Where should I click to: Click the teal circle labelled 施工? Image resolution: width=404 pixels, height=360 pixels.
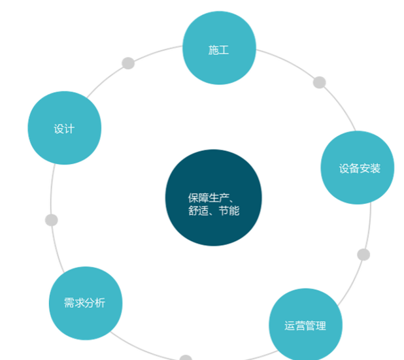click(x=219, y=48)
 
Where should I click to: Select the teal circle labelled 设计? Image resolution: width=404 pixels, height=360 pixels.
click(x=65, y=127)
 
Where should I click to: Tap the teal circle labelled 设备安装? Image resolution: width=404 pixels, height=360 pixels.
click(x=358, y=168)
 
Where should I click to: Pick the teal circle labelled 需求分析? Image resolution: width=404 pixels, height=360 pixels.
click(x=86, y=303)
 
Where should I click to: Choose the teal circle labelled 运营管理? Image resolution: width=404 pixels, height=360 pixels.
click(x=305, y=325)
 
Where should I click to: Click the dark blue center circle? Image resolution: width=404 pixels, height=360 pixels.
click(x=214, y=197)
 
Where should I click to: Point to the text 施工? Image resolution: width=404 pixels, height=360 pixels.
click(x=218, y=50)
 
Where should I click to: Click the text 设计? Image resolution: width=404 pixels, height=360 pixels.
click(x=64, y=129)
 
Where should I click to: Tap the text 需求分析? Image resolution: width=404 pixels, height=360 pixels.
click(x=84, y=303)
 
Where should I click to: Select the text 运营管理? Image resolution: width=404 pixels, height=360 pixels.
click(x=305, y=326)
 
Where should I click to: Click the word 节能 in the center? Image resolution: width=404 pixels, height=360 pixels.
click(x=229, y=210)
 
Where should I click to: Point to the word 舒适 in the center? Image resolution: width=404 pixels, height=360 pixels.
click(x=198, y=210)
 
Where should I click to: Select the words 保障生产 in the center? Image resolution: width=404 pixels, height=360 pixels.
click(x=209, y=198)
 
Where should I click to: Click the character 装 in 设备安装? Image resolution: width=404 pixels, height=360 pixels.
click(x=375, y=169)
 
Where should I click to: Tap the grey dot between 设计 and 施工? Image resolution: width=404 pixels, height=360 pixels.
click(x=128, y=63)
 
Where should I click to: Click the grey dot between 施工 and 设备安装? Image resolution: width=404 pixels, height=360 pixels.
click(x=320, y=82)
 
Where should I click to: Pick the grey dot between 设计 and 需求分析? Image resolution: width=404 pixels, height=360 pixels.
click(x=52, y=220)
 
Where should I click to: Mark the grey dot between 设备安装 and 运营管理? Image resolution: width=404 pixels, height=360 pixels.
click(x=363, y=255)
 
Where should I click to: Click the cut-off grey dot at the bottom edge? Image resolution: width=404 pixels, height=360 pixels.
click(x=186, y=357)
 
